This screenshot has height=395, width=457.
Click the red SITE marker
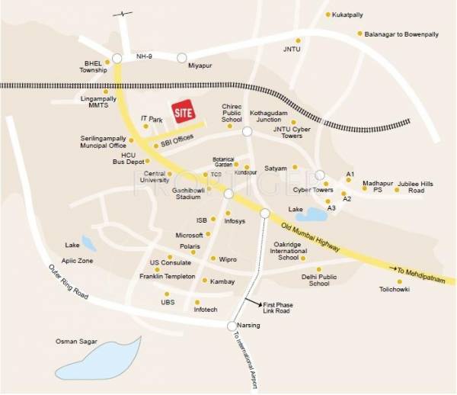point(182,113)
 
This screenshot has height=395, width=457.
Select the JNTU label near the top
point(292,52)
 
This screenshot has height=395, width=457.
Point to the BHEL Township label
point(94,66)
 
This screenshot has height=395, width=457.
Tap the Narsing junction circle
point(232,326)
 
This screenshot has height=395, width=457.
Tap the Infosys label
point(234,222)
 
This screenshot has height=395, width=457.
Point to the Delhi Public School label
point(315,280)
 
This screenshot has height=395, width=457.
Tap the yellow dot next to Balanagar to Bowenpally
point(360,34)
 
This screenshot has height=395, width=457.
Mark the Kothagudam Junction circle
point(247,131)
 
